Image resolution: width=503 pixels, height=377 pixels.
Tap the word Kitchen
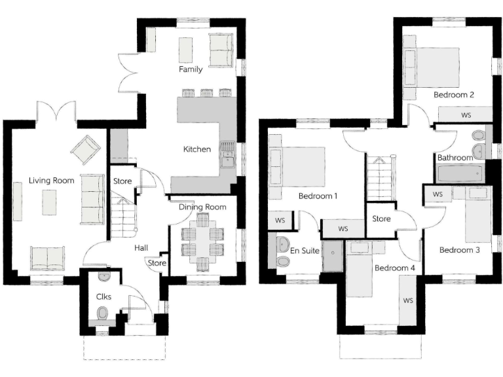[196, 149]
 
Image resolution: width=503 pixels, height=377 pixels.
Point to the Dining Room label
[202, 207]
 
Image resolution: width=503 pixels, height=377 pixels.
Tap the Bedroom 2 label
[453, 95]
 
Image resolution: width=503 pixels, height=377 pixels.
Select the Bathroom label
[455, 158]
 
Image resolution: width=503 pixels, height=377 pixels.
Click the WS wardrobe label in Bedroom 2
[466, 115]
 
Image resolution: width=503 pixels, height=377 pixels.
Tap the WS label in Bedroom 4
[408, 301]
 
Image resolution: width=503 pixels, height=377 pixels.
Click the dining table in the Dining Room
[202, 242]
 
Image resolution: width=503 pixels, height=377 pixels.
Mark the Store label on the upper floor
[382, 219]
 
